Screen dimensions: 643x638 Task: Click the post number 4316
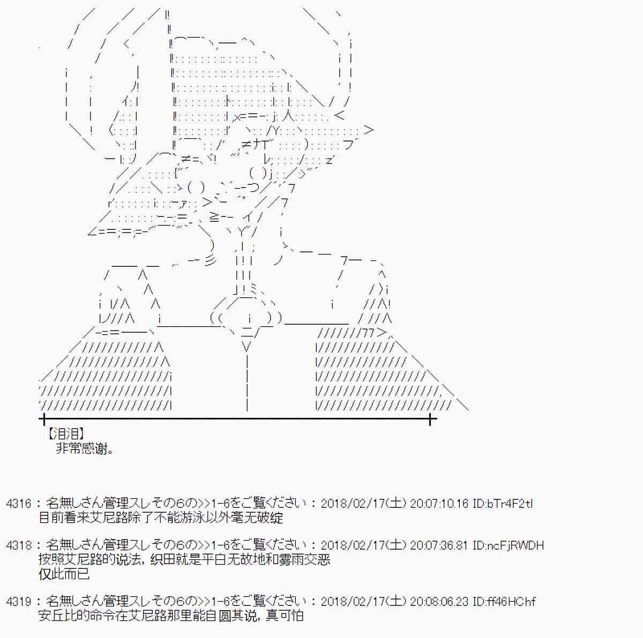pos(19,504)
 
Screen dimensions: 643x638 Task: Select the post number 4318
pos(19,546)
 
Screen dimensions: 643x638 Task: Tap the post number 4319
pos(19,602)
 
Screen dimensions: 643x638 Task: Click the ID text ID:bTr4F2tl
pos(502,504)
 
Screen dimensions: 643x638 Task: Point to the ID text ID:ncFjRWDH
pos(508,546)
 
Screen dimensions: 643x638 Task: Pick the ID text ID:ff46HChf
pos(504,602)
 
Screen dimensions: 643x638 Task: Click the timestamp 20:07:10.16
pos(439,504)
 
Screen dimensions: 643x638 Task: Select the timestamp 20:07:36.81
pos(439,546)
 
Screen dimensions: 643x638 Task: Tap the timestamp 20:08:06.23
pos(439,602)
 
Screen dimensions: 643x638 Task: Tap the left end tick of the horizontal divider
pos(43,419)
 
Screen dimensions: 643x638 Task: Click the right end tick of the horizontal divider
pos(430,419)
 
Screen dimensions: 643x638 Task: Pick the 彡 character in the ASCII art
pos(211,261)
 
